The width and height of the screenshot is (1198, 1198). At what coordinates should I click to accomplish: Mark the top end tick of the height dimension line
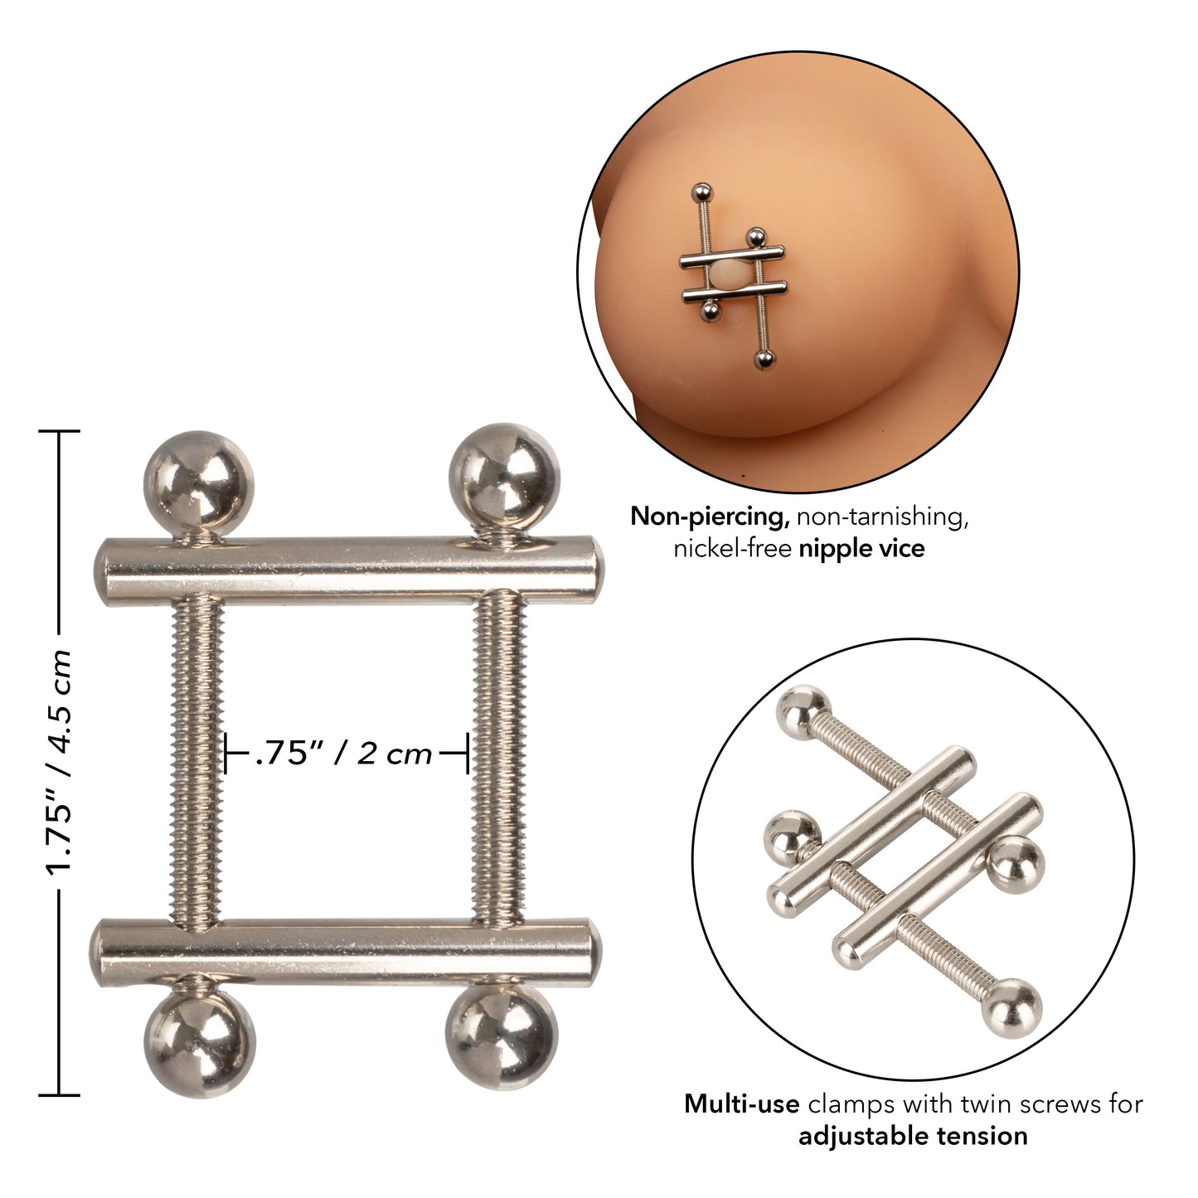58,432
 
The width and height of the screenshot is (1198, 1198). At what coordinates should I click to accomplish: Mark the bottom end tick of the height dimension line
58,1094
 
